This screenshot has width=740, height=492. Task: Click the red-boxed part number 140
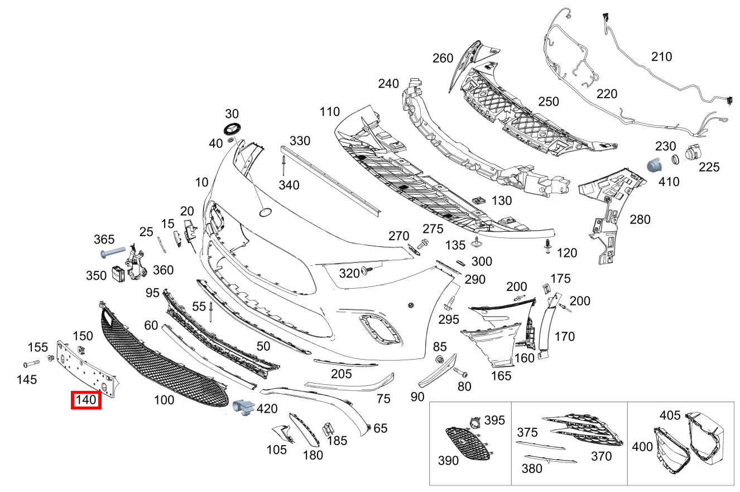(86, 400)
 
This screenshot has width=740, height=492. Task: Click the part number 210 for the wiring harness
(661, 57)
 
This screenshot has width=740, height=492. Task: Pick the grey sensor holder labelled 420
(243, 408)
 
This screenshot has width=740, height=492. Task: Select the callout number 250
(548, 102)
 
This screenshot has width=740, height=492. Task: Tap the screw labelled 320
(367, 271)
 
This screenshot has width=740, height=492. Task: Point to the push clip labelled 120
(549, 246)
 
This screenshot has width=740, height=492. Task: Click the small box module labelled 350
(119, 274)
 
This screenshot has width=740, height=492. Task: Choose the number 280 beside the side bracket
(640, 219)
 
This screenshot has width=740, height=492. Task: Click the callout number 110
(329, 112)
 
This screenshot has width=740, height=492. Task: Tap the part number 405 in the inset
(670, 415)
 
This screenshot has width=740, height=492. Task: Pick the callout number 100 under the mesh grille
(164, 400)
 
